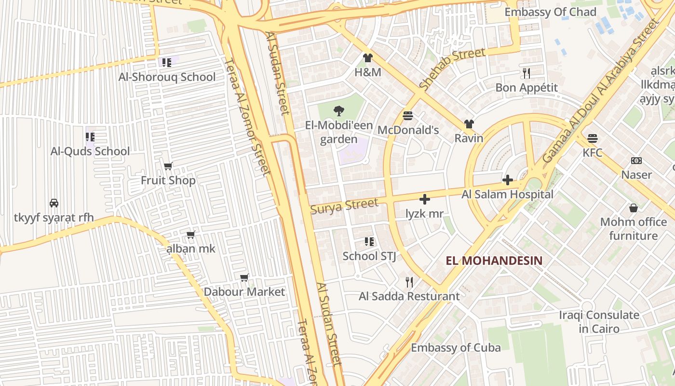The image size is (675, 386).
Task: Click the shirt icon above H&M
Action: (x=368, y=58)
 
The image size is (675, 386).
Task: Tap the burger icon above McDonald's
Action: (x=408, y=116)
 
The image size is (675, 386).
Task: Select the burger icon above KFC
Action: (x=593, y=138)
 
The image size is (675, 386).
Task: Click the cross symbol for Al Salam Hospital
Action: (x=507, y=180)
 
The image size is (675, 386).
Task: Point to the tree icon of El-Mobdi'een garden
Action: (x=339, y=111)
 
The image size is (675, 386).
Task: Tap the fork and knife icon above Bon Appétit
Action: (x=526, y=73)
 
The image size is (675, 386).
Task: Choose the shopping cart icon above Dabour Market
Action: (x=244, y=277)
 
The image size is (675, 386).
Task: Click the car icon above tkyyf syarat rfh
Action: (x=54, y=203)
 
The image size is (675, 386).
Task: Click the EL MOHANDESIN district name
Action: (x=494, y=261)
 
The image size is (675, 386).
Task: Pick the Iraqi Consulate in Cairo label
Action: (x=599, y=322)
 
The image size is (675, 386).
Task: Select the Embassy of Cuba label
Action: (x=456, y=347)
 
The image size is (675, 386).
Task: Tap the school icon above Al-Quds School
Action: (x=90, y=137)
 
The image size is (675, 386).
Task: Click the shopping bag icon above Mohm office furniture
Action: (x=633, y=208)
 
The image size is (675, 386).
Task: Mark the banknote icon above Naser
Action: (x=636, y=161)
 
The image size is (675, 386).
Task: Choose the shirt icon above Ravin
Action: (x=469, y=124)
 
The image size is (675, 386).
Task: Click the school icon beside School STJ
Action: (x=369, y=241)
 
